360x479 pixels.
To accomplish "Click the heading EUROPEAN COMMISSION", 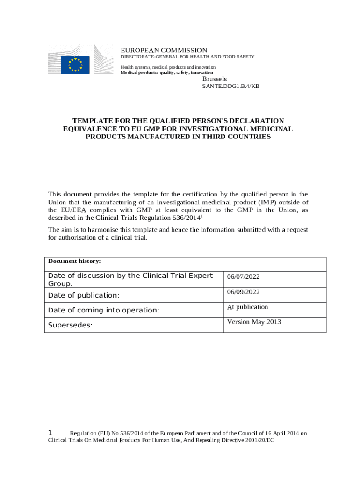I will coord(164,50).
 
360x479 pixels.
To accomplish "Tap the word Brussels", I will coord(215,79).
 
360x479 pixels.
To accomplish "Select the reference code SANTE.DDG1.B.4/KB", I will coord(230,87).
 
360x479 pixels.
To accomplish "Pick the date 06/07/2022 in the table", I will coord(243,277).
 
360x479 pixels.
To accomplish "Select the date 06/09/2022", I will coord(243,292).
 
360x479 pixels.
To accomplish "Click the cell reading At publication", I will coord(248,307).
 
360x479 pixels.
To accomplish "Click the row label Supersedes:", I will coord(70,325).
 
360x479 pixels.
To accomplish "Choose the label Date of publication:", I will coord(84,295).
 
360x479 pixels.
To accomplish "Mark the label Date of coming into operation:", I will coord(104,310).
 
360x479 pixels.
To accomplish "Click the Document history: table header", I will coord(74,261).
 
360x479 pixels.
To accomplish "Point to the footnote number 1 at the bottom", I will coord(51,433).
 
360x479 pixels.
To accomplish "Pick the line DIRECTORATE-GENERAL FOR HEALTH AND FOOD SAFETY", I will coord(187,57).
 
